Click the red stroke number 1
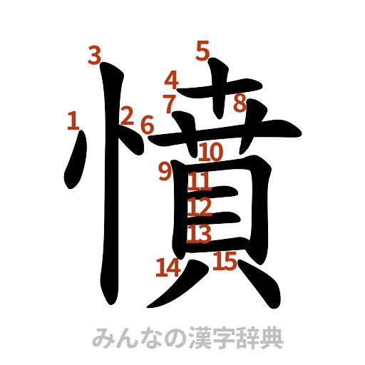coord(72,121)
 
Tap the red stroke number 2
coord(128,115)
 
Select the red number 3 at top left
coord(94,56)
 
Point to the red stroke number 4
coord(172,79)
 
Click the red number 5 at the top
coord(203,51)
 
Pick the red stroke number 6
coord(146,125)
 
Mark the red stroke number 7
coord(169,102)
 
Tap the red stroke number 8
coord(239,103)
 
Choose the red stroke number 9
coord(165,170)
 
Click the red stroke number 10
coord(212,152)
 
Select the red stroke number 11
coord(200,182)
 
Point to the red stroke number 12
coord(200,207)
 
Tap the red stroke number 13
coord(200,233)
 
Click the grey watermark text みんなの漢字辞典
coord(187,337)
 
